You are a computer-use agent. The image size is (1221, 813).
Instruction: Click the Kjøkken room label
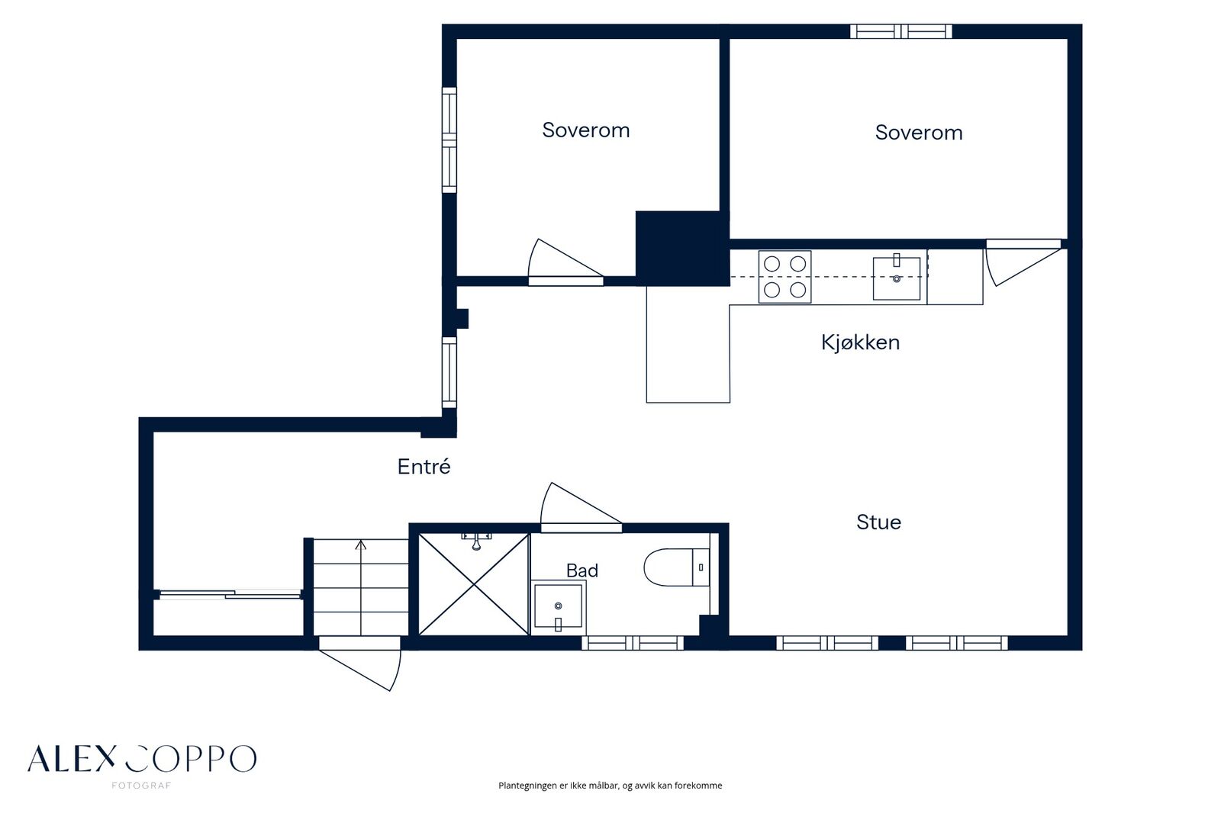[860, 342]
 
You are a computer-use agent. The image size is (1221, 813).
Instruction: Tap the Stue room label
[878, 522]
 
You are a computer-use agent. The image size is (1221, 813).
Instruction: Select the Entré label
[424, 467]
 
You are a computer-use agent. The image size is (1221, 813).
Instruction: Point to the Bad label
[582, 570]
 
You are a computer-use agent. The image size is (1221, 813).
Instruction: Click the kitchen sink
[897, 278]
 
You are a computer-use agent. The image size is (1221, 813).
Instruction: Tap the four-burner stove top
[785, 277]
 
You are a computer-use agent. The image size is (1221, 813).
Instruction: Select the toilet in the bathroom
[676, 567]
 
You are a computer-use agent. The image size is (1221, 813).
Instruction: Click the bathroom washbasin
[558, 606]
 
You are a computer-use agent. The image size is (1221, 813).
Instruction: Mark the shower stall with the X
[474, 585]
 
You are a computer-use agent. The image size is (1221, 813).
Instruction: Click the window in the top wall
[901, 31]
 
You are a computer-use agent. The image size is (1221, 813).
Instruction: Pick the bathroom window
[633, 643]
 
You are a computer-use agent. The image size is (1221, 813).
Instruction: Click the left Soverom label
[586, 130]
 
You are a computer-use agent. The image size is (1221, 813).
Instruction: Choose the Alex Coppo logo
[142, 759]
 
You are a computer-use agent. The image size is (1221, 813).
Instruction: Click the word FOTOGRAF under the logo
[141, 786]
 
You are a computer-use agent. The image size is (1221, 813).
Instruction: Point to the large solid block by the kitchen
[682, 249]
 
